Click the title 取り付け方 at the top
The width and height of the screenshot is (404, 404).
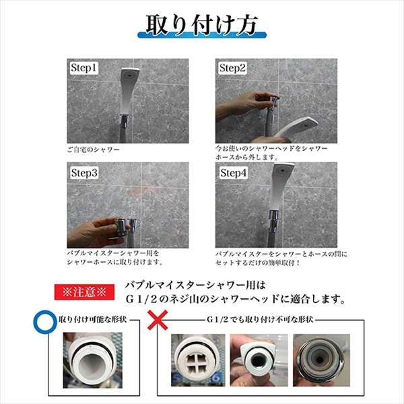pos(202,26)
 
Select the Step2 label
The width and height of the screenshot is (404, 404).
pos(233,68)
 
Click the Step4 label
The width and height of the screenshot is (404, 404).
pos(233,172)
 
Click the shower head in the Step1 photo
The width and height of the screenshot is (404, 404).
pos(129,81)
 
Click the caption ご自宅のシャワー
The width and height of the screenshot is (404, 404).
pos(93,149)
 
